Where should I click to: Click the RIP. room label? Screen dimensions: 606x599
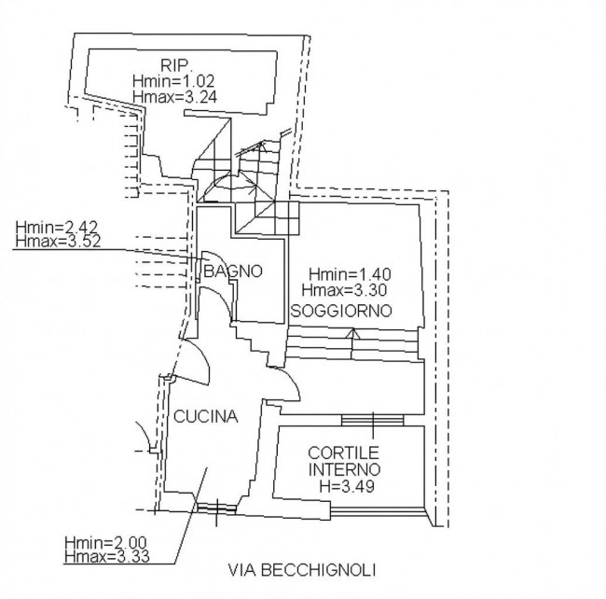click(x=174, y=65)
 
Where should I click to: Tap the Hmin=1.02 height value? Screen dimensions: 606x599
click(x=173, y=81)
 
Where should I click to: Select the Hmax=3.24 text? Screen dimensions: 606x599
click(x=174, y=96)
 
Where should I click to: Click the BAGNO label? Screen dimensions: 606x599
click(x=233, y=272)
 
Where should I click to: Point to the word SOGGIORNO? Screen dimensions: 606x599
click(x=341, y=311)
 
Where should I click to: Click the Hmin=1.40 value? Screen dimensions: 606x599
click(x=350, y=274)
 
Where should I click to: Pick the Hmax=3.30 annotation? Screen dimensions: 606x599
click(x=344, y=289)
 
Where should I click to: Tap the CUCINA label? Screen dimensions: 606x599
click(x=206, y=416)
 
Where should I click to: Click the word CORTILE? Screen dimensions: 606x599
click(x=344, y=453)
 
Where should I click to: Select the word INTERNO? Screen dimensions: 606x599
click(x=344, y=469)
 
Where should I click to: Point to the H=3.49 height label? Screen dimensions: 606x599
click(x=347, y=486)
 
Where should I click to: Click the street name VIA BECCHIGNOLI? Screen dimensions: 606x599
click(x=302, y=570)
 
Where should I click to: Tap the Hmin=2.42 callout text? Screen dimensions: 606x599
click(x=57, y=227)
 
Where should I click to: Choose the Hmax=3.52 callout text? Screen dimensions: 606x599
click(x=58, y=241)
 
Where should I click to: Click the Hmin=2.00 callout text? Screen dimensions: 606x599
click(x=105, y=542)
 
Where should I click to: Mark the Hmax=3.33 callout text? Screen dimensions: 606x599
click(x=106, y=556)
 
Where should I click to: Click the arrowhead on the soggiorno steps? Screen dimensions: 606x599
click(x=352, y=333)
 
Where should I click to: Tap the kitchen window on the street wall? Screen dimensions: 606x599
click(x=216, y=508)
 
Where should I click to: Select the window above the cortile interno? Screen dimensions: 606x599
click(x=373, y=420)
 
